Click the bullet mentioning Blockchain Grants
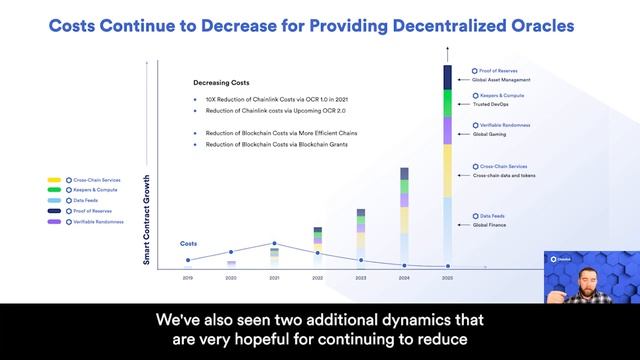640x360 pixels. (274, 144)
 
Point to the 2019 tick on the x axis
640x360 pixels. (188, 277)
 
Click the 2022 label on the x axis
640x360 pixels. (317, 277)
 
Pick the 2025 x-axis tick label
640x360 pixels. (447, 277)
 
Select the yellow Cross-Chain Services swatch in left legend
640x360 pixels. (55, 180)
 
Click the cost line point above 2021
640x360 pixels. (274, 243)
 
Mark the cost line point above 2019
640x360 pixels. (188, 260)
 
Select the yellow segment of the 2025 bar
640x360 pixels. (447, 170)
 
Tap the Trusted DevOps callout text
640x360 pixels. (491, 104)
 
